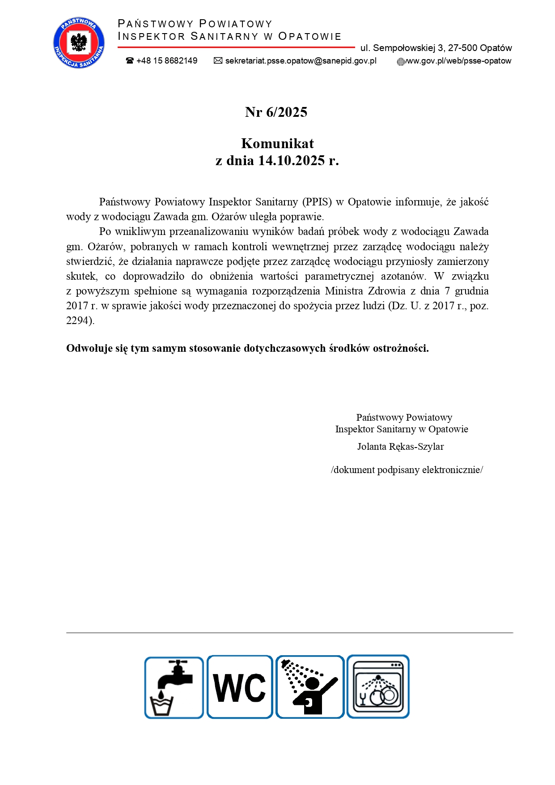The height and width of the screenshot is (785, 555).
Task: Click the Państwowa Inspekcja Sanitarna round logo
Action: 79,43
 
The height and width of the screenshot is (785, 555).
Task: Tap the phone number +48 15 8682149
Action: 167,61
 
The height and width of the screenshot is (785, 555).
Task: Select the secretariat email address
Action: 301,61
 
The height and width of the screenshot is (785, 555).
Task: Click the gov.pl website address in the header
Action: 458,61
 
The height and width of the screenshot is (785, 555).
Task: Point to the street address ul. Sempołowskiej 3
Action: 436,48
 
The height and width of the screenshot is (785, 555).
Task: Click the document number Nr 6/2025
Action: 276,112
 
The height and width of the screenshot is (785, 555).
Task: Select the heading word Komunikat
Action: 277,143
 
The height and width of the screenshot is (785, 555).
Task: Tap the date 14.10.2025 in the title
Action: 291,160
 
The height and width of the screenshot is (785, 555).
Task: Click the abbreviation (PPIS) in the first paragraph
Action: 317,202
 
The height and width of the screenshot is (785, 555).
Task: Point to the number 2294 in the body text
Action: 79,320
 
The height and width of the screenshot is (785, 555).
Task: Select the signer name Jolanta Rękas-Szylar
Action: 400,446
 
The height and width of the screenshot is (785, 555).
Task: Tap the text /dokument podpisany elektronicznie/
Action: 407,469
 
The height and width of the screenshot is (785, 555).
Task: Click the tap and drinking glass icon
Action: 174,687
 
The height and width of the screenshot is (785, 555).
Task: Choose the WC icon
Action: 240,687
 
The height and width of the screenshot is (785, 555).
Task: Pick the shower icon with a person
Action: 310,687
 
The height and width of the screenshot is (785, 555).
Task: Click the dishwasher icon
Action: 378,687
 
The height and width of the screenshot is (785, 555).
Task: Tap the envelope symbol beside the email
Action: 218,61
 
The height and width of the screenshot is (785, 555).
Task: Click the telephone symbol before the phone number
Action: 130,61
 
